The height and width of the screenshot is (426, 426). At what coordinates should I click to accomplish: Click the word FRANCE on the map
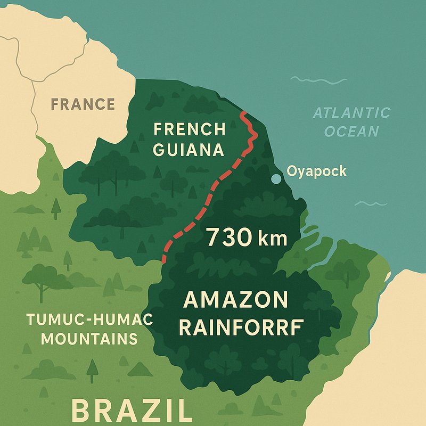[x=83, y=103]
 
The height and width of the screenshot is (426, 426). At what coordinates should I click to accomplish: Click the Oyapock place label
[x=316, y=171]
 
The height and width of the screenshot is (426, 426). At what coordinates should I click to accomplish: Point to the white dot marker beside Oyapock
[x=276, y=179]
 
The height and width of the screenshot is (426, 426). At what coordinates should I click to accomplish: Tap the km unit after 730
[x=272, y=238]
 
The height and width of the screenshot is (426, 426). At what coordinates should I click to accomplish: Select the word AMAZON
[x=235, y=300]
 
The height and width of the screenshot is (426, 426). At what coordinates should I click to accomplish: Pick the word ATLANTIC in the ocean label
[x=351, y=113]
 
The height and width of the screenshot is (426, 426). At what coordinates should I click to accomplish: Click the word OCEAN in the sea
[x=351, y=132]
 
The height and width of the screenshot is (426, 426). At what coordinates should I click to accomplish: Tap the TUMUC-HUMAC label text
[x=89, y=320]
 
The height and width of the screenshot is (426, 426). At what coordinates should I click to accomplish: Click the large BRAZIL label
[x=132, y=412]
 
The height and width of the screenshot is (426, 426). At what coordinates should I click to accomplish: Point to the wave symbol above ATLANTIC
[x=318, y=81]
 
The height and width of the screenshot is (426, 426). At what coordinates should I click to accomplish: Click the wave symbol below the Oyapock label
[x=371, y=203]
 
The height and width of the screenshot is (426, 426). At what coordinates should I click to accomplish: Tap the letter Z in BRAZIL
[x=150, y=412]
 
